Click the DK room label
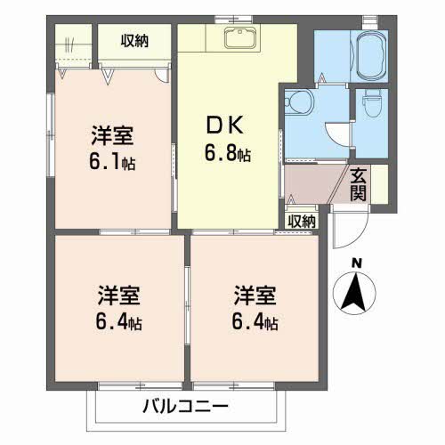coord(225,125)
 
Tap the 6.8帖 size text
coord(228,154)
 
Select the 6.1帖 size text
coord(112,163)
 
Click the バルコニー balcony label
coord(186,406)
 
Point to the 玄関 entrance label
coord(358,184)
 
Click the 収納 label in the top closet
coord(134,41)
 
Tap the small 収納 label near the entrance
coord(302,221)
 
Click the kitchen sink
coord(240,37)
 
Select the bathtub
coord(372,56)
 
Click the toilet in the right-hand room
coord(370,103)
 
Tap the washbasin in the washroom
coord(298,102)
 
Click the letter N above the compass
coord(357,263)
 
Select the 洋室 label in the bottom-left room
coord(118,295)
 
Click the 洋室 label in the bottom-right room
coord(255,295)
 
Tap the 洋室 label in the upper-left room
coord(112,135)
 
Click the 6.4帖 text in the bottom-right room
coord(255,322)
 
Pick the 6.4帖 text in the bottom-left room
coord(118,322)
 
